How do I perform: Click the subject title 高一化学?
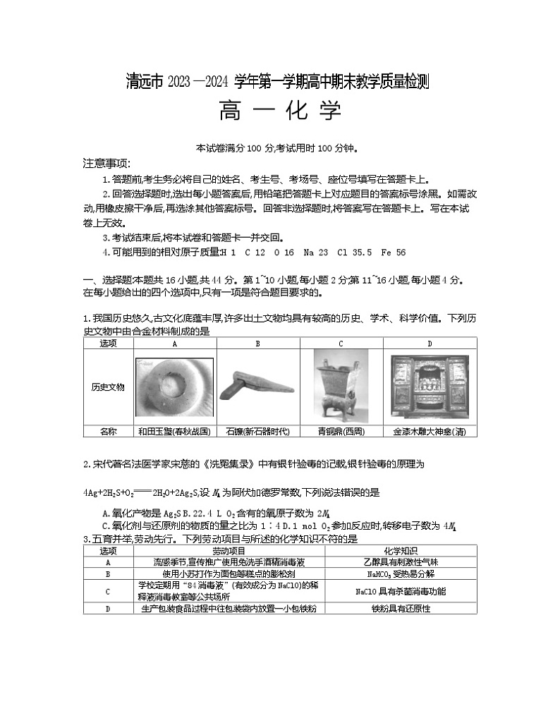pos(281,111)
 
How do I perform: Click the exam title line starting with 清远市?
pos(279,83)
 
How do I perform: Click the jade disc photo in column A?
pos(174,387)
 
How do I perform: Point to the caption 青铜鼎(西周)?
pos(341,431)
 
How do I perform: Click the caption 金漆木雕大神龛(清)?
pos(430,431)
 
